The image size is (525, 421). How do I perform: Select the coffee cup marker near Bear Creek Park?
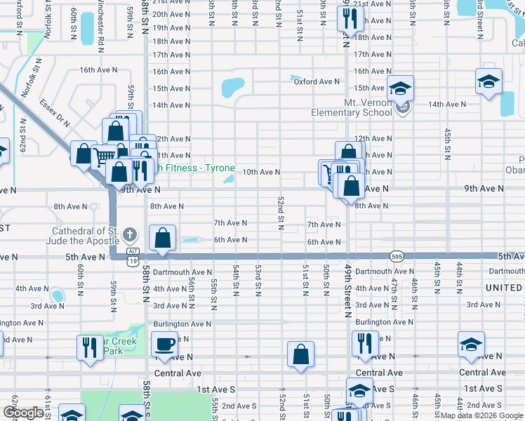[x=165, y=345]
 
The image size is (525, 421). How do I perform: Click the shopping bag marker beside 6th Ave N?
[x=163, y=239]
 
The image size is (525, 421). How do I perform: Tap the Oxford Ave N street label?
[x=317, y=81]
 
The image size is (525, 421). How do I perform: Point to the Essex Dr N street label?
[x=55, y=112]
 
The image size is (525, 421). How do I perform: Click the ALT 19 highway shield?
[x=133, y=255]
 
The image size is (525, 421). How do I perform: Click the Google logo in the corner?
[x=24, y=413]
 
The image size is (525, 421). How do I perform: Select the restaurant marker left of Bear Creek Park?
[x=89, y=347]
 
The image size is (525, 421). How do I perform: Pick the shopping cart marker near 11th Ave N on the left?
[x=105, y=156]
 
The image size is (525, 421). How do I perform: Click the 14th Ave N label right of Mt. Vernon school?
[x=444, y=104]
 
